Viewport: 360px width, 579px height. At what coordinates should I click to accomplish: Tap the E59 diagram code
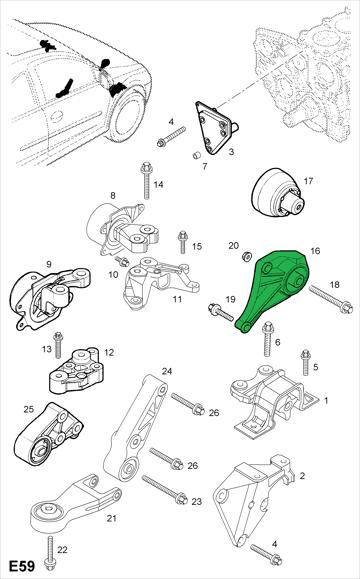pos(22,566)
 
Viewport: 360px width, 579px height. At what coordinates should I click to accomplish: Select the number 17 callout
pos(308,181)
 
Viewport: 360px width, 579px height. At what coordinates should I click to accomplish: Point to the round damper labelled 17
pos(278,193)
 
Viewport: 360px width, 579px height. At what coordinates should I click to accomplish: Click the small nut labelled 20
pos(247,256)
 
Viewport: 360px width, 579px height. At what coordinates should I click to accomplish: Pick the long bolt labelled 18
pos(331,300)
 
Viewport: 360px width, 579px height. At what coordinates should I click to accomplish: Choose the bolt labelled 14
pos(147,180)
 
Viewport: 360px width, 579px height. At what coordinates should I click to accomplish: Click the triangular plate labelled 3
pos(216,127)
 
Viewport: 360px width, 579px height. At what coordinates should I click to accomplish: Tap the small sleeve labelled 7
pos(197,154)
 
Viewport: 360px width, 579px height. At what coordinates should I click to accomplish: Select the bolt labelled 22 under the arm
pos(49,554)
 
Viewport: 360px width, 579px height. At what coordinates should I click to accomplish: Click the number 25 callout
pos(28,409)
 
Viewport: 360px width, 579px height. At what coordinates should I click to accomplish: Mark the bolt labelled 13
pos(58,345)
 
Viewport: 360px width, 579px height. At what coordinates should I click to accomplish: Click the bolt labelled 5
pos(306,362)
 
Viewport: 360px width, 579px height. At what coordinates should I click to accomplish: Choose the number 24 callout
pos(167,371)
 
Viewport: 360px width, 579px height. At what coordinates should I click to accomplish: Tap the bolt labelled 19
pos(221,312)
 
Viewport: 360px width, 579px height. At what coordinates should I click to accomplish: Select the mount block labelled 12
pos(76,371)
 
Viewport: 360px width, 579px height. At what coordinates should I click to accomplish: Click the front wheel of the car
pos(126,114)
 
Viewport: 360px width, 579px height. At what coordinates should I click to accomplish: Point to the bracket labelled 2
pos(254,499)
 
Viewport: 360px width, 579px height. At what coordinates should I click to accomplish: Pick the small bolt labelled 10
pos(121,261)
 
